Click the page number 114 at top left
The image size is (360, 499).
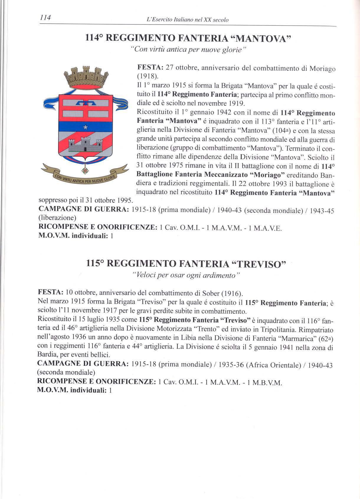45,18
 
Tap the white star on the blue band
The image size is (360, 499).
85,127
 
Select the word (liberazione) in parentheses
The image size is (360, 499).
57,218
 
